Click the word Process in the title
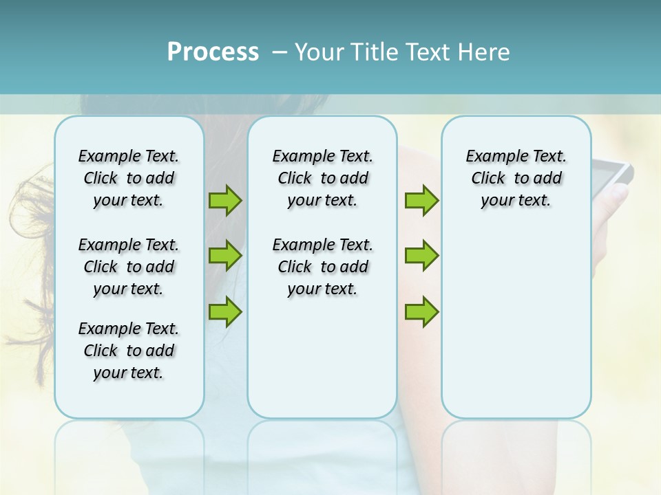tap(213, 52)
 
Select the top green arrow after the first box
tap(225, 201)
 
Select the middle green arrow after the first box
tap(225, 256)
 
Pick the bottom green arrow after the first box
tap(225, 311)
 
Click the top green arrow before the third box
tap(421, 201)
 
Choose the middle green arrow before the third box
tap(421, 256)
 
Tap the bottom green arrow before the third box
tap(421, 311)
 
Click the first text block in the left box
tap(129, 178)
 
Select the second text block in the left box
tap(129, 267)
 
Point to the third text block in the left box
tap(129, 351)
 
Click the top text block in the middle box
tap(322, 178)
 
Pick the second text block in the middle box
tap(322, 267)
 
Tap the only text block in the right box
tap(516, 178)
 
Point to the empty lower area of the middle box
tap(322, 357)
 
